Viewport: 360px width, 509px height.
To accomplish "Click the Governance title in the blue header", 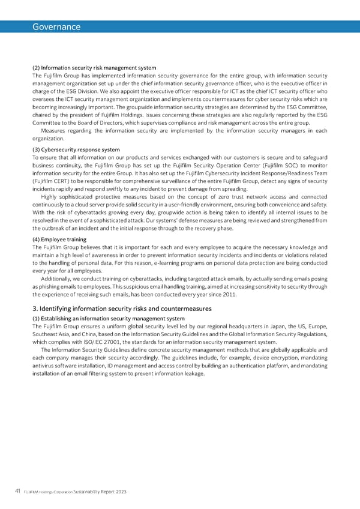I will [x=57, y=27].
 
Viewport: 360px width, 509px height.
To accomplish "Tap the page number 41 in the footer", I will [x=18, y=492].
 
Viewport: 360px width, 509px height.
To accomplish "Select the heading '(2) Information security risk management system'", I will [x=94, y=68].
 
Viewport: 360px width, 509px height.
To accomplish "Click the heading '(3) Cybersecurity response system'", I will [x=76, y=149].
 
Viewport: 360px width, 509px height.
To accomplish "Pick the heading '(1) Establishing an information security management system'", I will [x=109, y=318].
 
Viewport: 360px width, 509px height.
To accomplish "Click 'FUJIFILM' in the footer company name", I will [x=32, y=492].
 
